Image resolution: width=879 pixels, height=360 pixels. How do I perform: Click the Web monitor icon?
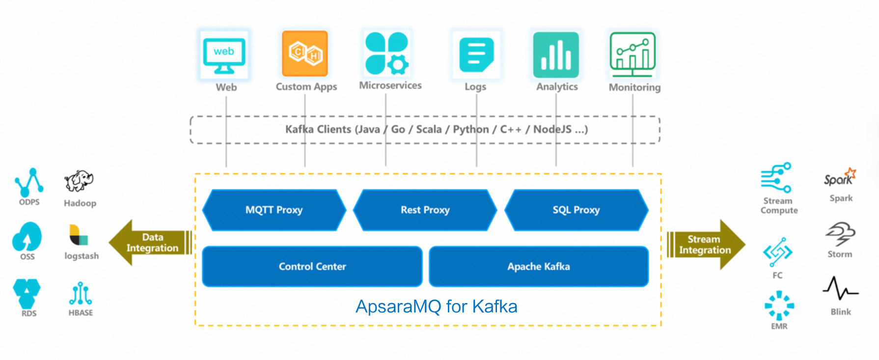[224, 55]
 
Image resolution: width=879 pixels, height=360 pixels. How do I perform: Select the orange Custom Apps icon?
[304, 54]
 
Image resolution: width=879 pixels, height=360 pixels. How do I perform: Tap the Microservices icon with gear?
[386, 54]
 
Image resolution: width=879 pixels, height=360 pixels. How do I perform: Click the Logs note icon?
[475, 55]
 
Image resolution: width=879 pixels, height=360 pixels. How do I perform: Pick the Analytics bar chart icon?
[556, 55]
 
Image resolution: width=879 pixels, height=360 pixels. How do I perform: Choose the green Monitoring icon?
[632, 55]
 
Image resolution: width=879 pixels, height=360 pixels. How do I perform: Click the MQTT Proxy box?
[274, 210]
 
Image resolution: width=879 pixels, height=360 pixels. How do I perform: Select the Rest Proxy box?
[425, 210]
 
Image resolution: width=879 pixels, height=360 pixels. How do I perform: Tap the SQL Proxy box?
[576, 210]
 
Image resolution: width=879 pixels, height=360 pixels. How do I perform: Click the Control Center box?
[312, 267]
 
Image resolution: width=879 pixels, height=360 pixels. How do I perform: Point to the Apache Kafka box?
[538, 267]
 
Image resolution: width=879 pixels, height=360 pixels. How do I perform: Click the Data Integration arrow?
[150, 243]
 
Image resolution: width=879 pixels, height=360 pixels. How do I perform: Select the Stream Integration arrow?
[706, 245]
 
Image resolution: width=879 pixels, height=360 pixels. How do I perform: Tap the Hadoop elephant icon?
[79, 181]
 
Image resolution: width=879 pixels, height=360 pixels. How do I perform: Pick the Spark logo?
[840, 177]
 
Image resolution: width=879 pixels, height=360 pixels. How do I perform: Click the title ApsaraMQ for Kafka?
[436, 306]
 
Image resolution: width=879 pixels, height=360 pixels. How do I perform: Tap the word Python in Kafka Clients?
[470, 129]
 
